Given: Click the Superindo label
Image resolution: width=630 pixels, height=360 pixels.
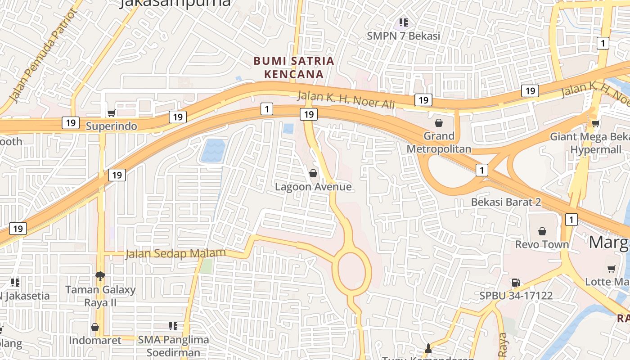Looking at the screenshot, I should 111,126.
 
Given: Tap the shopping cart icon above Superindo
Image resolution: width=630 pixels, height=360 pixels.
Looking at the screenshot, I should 111,113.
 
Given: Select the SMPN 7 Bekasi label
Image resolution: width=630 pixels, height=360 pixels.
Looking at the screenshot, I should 403,36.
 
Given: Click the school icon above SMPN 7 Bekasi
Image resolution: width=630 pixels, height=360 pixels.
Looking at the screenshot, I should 404,22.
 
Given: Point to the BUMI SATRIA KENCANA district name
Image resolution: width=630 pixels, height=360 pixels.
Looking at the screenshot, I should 294,67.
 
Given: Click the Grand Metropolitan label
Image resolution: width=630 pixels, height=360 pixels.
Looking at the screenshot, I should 439,142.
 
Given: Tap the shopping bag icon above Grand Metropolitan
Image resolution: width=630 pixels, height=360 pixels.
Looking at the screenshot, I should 439,123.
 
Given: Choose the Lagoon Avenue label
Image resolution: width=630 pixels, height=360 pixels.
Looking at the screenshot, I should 313,186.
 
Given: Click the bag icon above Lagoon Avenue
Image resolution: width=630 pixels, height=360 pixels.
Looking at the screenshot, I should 313,173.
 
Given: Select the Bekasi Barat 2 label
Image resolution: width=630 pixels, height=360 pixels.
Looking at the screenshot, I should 506,202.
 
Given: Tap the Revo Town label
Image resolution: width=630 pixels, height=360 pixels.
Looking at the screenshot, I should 542,244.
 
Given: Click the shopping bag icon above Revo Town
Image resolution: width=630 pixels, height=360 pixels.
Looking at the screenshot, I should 542,231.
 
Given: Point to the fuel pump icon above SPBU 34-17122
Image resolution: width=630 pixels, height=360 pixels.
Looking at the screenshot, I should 516,283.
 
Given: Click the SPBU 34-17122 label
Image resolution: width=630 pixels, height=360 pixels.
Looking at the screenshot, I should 516,296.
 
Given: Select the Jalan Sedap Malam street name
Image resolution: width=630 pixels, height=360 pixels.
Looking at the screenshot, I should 175,254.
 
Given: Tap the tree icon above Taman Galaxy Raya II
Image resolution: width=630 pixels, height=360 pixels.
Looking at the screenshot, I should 100,275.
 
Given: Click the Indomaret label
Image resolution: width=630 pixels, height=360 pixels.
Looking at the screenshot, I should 95,340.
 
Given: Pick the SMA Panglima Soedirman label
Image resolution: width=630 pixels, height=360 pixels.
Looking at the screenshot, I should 173,346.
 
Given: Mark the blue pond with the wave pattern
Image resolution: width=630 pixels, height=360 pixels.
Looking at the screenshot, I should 212,151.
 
